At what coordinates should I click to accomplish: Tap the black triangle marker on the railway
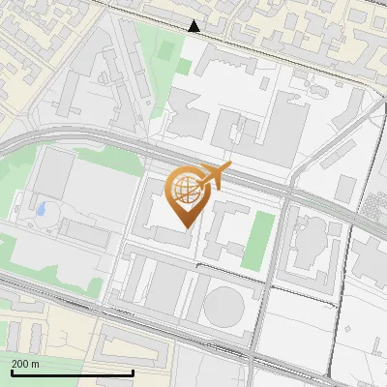(x=193, y=27)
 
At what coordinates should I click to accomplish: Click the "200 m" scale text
(x=26, y=364)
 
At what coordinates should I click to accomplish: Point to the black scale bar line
(x=72, y=372)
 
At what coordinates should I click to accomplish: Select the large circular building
(x=224, y=307)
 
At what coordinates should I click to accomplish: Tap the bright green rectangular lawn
(x=256, y=240)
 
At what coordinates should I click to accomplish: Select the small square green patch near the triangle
(x=184, y=68)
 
